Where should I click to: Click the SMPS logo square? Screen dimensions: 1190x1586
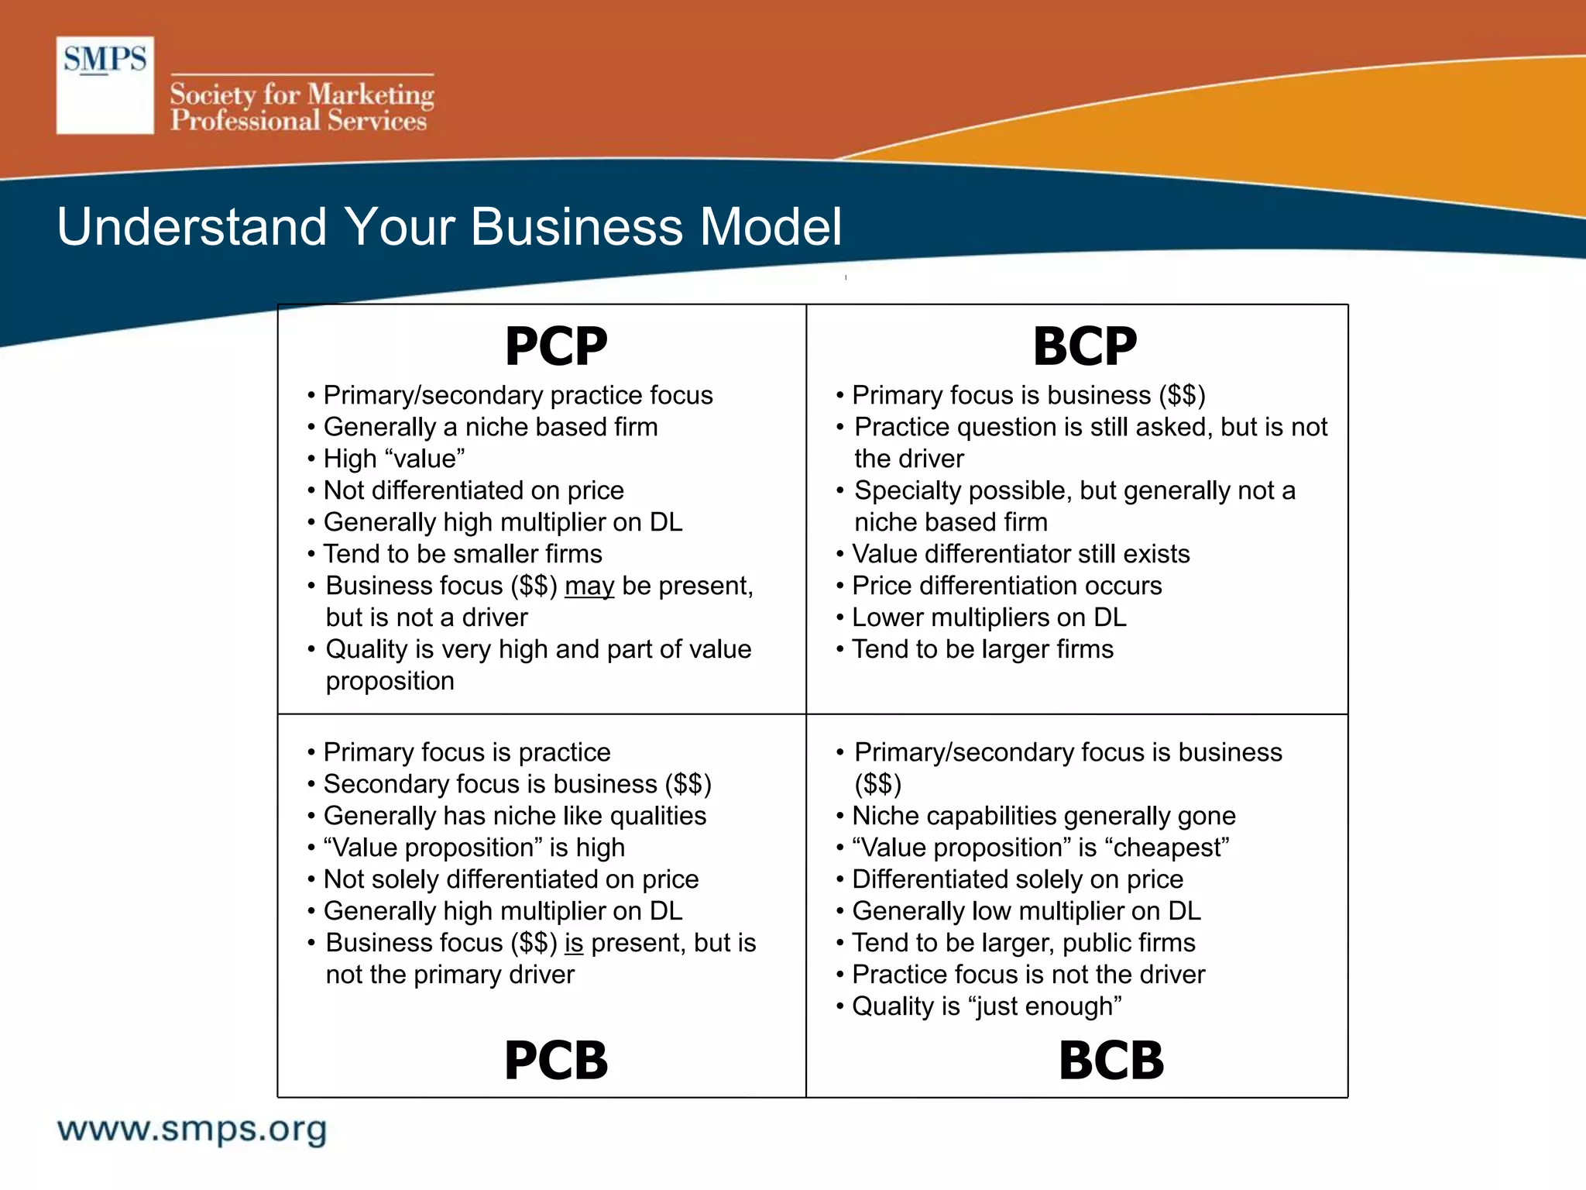(105, 85)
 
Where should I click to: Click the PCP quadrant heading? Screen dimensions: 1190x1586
(556, 346)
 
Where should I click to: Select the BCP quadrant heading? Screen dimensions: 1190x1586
(1084, 346)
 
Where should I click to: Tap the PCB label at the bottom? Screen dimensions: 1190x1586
(556, 1060)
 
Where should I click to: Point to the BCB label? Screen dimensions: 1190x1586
(1111, 1060)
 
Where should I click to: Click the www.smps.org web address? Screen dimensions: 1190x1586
(192, 1130)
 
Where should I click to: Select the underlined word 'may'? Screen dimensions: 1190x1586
(589, 586)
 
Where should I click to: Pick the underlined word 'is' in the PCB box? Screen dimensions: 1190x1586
(573, 943)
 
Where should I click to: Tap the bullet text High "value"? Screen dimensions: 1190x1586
(394, 459)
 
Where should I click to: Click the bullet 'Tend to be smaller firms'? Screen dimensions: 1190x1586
(462, 554)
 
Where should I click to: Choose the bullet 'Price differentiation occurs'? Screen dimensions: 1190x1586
(1007, 586)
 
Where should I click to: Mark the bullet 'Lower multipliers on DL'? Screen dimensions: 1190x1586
(989, 617)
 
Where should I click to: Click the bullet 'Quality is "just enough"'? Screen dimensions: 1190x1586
(987, 1006)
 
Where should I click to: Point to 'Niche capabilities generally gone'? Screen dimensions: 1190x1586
(1043, 816)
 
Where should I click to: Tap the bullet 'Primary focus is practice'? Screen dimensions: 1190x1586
(467, 752)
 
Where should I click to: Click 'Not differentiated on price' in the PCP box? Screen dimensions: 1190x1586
(473, 490)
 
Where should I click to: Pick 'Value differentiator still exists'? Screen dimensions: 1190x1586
(1021, 554)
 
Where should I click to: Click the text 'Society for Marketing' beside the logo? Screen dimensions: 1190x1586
(302, 95)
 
